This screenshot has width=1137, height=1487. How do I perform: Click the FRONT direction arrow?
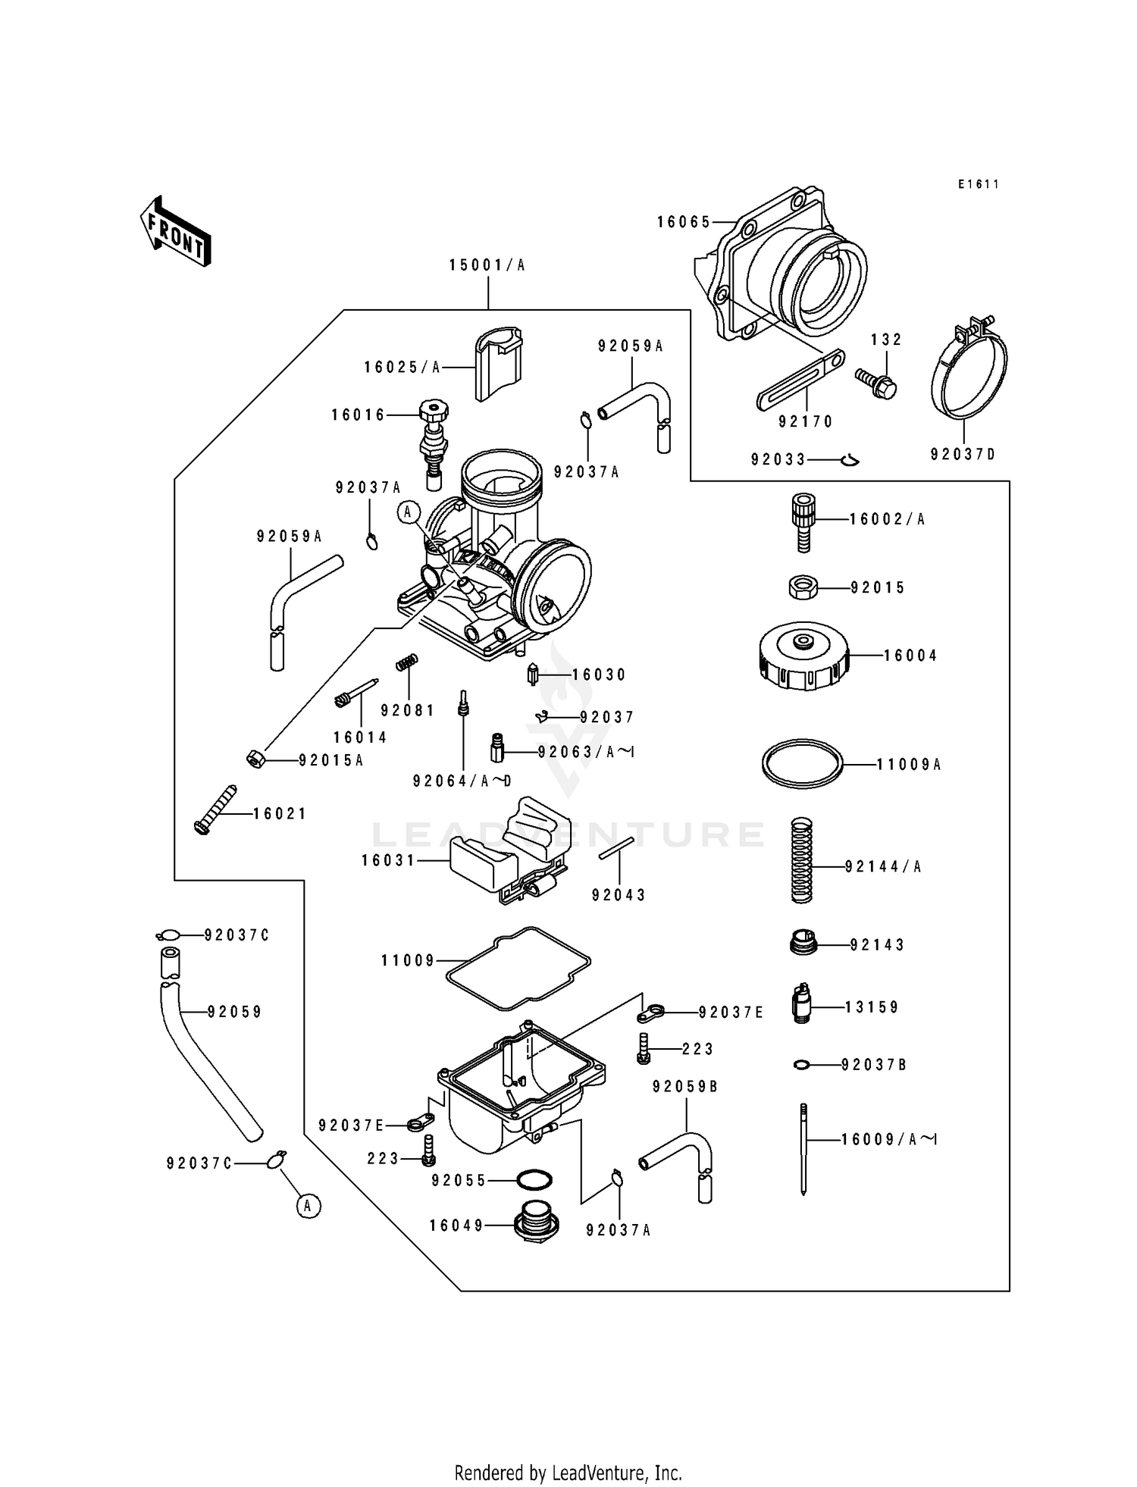(175, 230)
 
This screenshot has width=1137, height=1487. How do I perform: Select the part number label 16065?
(684, 222)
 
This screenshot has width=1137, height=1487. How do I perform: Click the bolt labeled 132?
(877, 382)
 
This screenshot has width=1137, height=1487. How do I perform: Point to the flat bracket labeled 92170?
(801, 380)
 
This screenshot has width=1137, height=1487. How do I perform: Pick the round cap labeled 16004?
(802, 656)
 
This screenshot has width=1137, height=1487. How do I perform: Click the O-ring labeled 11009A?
(802, 764)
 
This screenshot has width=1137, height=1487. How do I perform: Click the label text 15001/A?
(487, 265)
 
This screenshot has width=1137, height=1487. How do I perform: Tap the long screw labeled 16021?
(215, 810)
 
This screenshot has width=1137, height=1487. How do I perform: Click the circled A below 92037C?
(307, 1205)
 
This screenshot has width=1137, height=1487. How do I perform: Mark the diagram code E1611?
(978, 184)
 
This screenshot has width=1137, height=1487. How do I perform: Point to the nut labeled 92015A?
(256, 758)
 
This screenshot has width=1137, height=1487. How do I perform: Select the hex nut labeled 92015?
(802, 587)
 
